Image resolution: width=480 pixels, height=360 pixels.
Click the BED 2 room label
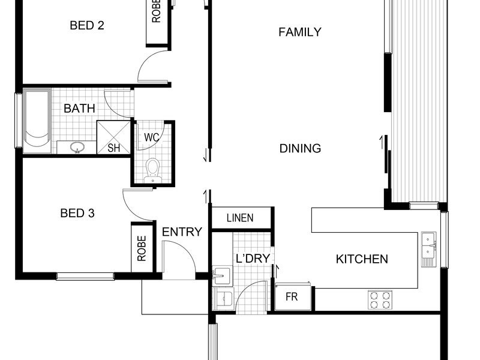87,25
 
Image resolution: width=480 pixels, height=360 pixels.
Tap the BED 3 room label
77,213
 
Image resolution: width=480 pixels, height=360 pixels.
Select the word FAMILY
300,32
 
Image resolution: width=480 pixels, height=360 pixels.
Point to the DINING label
301,148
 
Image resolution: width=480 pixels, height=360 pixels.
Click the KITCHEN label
362,259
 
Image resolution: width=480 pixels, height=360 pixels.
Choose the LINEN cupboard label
240,218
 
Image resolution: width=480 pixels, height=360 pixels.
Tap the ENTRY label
182,232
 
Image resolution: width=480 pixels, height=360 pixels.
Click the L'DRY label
253,259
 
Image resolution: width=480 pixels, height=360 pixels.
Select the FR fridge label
292,296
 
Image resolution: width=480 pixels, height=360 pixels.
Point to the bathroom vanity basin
77,147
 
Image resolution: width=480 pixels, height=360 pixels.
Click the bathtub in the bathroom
37,121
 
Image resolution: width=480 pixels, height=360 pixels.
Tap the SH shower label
113,148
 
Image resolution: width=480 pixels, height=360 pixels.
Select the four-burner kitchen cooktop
380,300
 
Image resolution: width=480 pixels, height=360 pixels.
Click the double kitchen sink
428,249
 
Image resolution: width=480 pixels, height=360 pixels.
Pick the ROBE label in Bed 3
142,248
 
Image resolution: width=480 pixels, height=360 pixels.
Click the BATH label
79,109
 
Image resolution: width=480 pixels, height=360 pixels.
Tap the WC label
152,137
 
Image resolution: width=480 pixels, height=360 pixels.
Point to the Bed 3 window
85,277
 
